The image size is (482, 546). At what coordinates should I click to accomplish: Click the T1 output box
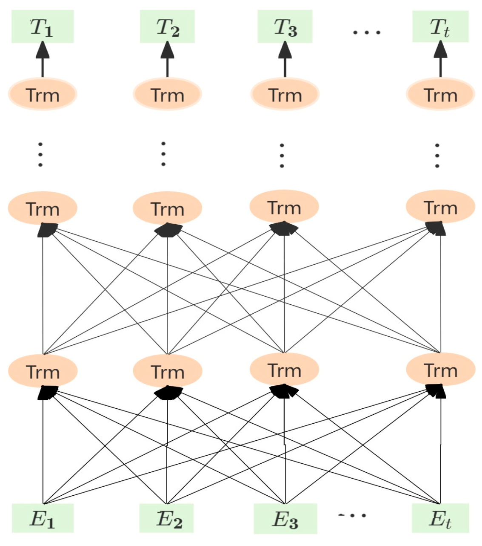coord(43,27)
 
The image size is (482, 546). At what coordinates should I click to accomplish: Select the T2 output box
coord(167,27)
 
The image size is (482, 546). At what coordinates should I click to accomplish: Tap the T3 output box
coord(285,27)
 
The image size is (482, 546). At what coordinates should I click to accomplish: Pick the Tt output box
coord(440,27)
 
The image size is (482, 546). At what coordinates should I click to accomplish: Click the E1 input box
coord(43,518)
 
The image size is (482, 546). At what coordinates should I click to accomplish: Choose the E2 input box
coord(167,518)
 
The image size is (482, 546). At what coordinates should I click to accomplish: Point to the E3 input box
coord(285,518)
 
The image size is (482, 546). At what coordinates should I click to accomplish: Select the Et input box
coord(440,518)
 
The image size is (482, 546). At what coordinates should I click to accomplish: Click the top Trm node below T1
coord(43,94)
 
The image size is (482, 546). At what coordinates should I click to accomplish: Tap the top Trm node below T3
coord(285,94)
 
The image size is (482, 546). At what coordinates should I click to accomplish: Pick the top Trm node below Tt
coord(440,94)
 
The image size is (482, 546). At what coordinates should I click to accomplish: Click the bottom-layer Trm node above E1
coord(43,371)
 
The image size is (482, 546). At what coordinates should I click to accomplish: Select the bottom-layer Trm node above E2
coord(167,371)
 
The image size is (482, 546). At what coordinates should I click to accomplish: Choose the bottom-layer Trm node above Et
coord(440,370)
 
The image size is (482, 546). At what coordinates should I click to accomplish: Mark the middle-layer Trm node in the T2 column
coord(167,208)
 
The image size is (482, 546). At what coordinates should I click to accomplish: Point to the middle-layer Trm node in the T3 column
coord(284,207)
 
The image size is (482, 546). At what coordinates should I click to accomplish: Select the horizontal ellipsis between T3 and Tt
coord(366,32)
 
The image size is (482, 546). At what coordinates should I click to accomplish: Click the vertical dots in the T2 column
coord(163,154)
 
